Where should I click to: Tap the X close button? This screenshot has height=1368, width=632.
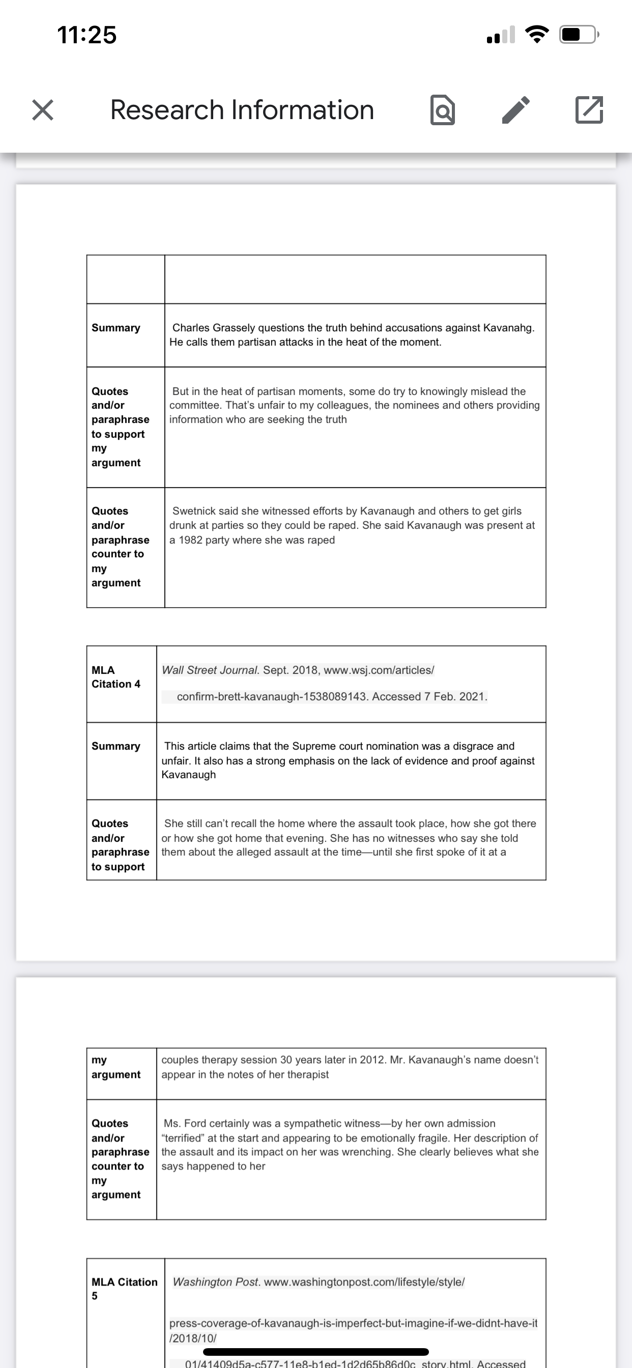click(x=42, y=110)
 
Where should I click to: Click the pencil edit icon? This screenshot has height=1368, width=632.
click(x=515, y=110)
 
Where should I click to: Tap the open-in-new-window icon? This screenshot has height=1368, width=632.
click(x=589, y=110)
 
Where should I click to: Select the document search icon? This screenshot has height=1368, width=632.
click(x=442, y=110)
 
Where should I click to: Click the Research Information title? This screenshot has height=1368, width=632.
click(x=242, y=110)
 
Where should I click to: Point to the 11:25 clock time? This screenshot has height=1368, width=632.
click(x=87, y=35)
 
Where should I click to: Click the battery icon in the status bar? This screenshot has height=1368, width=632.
click(x=579, y=35)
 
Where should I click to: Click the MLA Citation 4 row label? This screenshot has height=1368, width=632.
click(x=116, y=677)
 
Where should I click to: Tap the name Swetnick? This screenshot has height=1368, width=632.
click(x=192, y=511)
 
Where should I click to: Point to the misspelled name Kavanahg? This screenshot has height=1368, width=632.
click(x=508, y=328)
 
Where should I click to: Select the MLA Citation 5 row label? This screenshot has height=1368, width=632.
click(x=124, y=1288)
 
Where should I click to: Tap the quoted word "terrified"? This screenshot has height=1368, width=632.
click(x=183, y=1138)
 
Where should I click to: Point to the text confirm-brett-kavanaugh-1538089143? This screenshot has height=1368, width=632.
click(x=272, y=697)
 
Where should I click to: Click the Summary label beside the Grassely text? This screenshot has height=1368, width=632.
click(x=116, y=328)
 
